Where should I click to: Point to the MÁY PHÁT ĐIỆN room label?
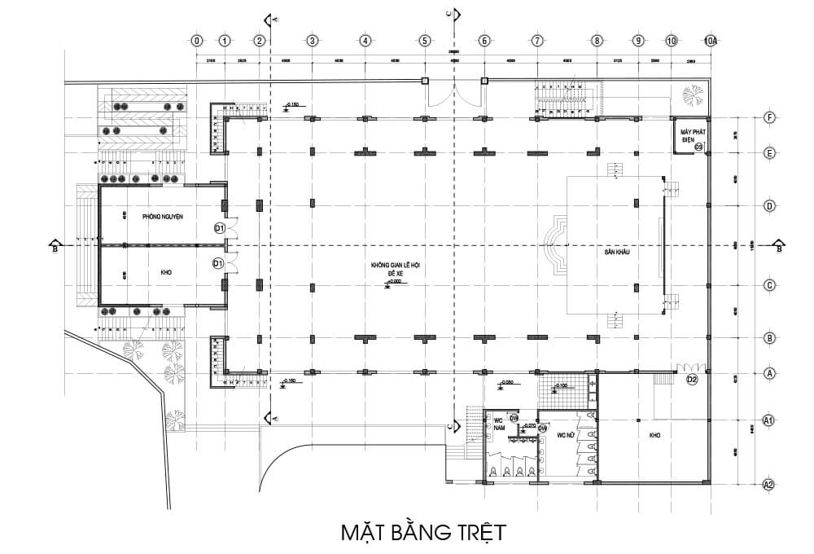click(686, 134)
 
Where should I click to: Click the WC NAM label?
click(501, 424)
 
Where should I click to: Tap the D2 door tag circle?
click(692, 379)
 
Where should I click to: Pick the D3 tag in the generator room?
click(698, 147)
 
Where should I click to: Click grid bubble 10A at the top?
click(711, 40)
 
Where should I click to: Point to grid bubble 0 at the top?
click(196, 40)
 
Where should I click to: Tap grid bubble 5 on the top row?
click(424, 40)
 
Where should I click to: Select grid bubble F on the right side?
click(768, 117)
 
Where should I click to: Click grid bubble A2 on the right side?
click(768, 485)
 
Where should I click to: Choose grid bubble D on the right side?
click(768, 206)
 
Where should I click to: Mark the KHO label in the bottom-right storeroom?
click(654, 436)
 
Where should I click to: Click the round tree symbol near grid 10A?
click(694, 95)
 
